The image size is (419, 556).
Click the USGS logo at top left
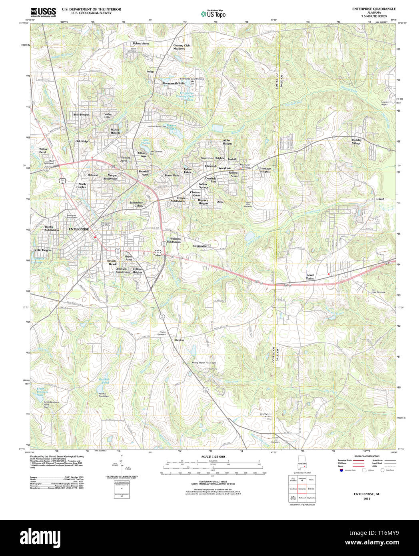[43, 12]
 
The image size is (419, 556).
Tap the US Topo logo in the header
[213, 14]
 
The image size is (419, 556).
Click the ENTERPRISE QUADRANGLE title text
[374, 9]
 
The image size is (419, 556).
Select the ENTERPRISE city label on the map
[79, 229]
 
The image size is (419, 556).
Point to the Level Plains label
[310, 276]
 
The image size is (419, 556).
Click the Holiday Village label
[356, 142]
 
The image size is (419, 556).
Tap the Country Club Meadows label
[181, 47]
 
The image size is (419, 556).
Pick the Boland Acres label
[141, 44]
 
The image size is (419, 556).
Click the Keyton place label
[180, 340]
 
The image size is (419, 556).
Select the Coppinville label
[200, 246]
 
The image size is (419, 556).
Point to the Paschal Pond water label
[104, 381]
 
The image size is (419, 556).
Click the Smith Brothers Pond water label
[42, 392]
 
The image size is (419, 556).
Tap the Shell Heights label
[81, 114]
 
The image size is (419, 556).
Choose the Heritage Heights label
[265, 170]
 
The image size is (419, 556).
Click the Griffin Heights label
[42, 250]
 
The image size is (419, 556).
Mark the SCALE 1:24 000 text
[213, 457]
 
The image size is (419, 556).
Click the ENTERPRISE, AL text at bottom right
[367, 494]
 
